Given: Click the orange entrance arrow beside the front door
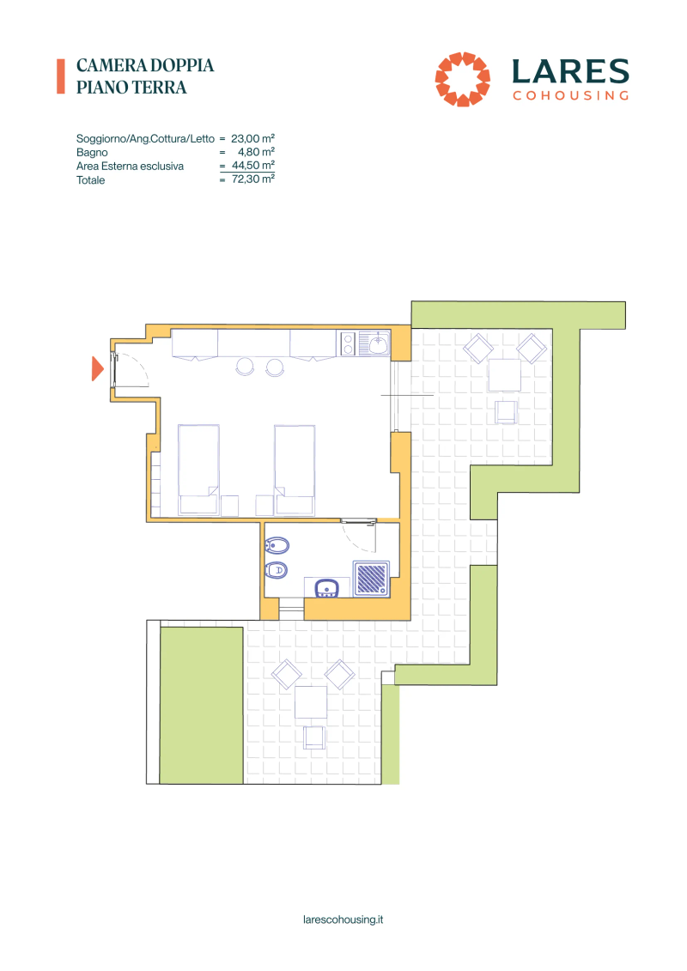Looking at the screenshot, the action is point(97,368).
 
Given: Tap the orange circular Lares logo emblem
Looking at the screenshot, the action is point(462,79).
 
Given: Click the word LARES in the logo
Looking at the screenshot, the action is point(570,72).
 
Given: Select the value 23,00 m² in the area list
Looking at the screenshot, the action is point(252,139).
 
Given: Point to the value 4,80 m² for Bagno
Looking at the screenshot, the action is point(257,152).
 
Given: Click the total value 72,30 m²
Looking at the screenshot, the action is point(253,179).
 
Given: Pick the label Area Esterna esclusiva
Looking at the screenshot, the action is point(130,166).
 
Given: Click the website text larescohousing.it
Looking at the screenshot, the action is point(343,919).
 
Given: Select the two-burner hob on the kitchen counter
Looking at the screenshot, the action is point(348,343).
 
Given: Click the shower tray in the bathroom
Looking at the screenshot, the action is point(371,579).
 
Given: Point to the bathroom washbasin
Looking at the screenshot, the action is point(326,588).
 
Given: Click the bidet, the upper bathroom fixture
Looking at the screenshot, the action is point(277,545).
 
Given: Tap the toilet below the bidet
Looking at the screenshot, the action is point(277,570).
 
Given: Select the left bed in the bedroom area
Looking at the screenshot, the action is point(198,470).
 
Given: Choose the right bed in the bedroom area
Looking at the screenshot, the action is point(295,470).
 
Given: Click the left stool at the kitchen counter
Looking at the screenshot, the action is point(246,367).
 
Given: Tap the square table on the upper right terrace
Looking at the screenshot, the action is point(504,375).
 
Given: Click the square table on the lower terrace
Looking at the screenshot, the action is point(311,701).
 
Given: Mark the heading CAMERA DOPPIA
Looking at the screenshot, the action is point(145,65).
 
